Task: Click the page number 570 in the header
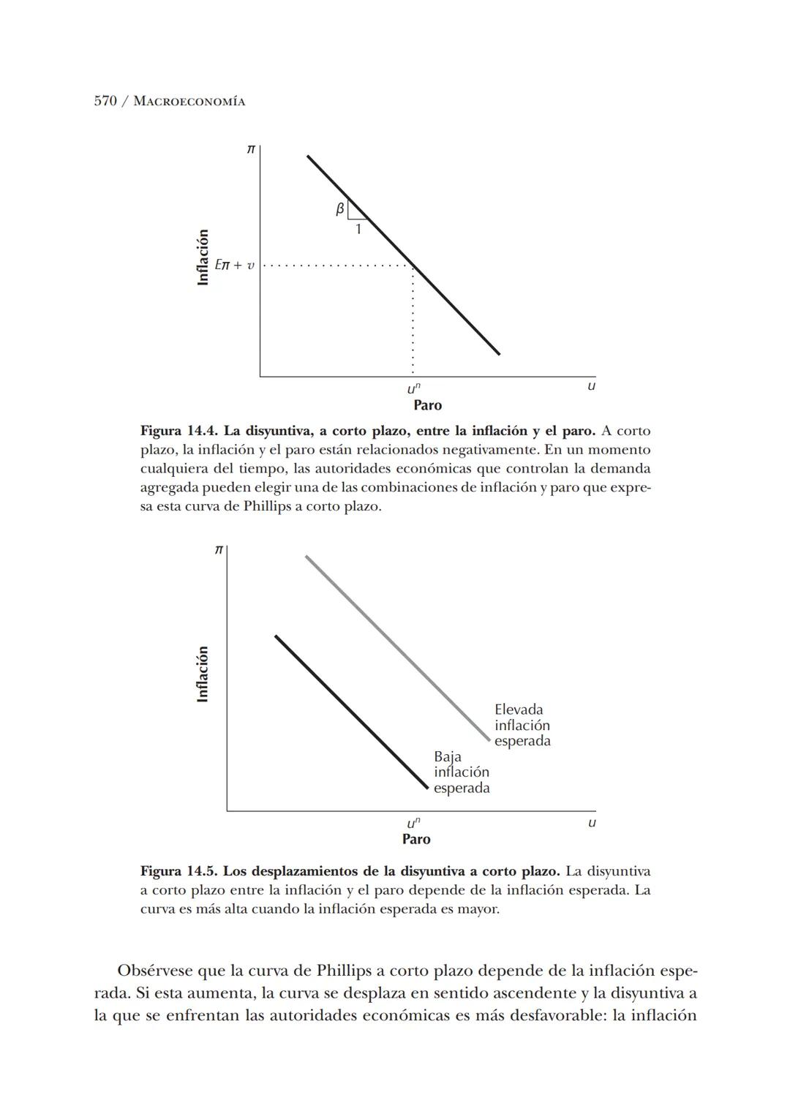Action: click(105, 101)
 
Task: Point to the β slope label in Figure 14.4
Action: click(339, 209)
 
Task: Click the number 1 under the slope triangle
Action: click(358, 230)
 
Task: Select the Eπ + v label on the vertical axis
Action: click(234, 265)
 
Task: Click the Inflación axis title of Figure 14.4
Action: click(203, 257)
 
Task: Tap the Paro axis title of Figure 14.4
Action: click(427, 405)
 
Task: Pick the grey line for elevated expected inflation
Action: click(395, 647)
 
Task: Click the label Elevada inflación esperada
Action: click(522, 725)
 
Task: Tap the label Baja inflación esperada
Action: click(461, 772)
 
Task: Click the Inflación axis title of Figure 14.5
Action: click(203, 674)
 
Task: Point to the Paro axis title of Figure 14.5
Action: click(416, 839)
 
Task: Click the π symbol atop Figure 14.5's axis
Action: click(217, 550)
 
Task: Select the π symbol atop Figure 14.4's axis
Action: click(250, 149)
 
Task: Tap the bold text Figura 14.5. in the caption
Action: click(179, 871)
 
